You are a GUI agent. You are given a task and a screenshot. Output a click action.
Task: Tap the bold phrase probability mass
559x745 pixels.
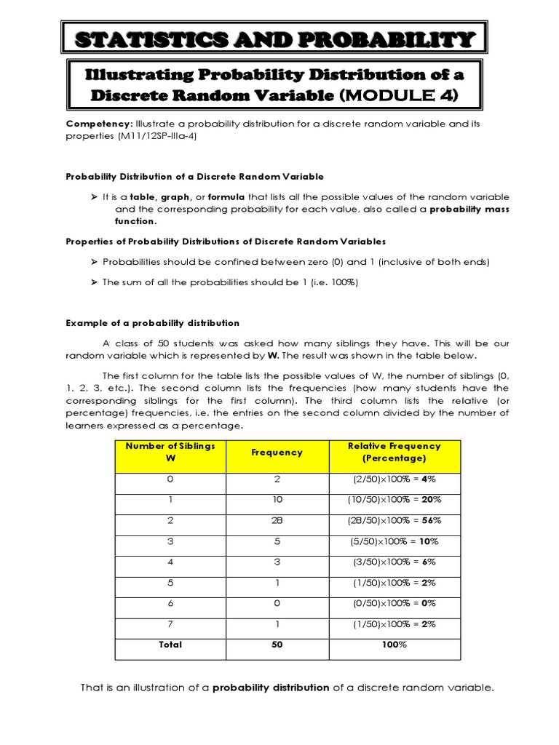[469, 209]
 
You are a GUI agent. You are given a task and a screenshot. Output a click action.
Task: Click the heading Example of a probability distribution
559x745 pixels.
[153, 323]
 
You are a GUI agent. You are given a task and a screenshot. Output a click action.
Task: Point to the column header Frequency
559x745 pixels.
[277, 452]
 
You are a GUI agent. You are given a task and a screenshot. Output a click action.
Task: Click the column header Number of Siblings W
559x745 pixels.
[171, 452]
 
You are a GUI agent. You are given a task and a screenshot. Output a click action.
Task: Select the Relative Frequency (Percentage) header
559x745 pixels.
[395, 452]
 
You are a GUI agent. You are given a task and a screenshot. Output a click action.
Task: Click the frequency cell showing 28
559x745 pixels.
[277, 520]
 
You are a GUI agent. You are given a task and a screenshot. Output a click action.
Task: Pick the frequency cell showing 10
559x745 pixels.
[277, 499]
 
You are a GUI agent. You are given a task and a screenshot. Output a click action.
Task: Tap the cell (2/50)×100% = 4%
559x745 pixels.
[395, 479]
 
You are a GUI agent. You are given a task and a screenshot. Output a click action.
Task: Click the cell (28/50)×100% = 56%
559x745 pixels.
[395, 520]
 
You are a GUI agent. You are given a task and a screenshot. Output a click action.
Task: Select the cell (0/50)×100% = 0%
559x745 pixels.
[395, 603]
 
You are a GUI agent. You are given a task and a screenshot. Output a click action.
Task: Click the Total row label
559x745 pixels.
[171, 645]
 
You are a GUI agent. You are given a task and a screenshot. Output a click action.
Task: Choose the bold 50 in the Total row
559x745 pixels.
[277, 645]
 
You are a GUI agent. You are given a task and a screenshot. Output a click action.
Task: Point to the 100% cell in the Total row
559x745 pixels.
[395, 645]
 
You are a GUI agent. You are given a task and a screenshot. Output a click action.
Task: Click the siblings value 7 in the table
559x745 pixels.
[171, 624]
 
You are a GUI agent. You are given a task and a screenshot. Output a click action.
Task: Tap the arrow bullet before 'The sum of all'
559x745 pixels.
[93, 282]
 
